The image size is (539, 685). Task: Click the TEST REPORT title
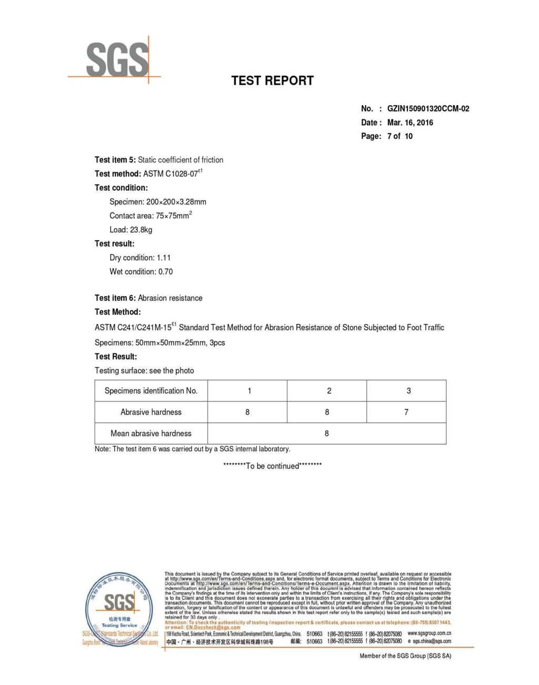(272, 80)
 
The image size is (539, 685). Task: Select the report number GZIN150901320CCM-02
(428, 109)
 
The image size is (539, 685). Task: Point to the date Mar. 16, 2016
(410, 122)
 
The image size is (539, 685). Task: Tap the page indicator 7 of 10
(400, 136)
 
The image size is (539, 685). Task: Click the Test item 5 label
(115, 160)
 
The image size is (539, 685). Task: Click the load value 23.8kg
(141, 230)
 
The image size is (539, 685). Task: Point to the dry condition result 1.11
(164, 258)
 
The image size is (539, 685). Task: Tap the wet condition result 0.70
(165, 272)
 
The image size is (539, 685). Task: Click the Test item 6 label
(115, 298)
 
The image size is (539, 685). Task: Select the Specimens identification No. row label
(151, 391)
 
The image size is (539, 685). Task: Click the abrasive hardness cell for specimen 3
(406, 412)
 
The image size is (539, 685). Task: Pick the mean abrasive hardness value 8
(326, 433)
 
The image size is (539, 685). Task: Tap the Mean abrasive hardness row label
(151, 433)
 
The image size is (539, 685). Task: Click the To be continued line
(272, 466)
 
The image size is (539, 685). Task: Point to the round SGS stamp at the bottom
(119, 610)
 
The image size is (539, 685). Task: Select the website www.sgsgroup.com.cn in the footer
(429, 633)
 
